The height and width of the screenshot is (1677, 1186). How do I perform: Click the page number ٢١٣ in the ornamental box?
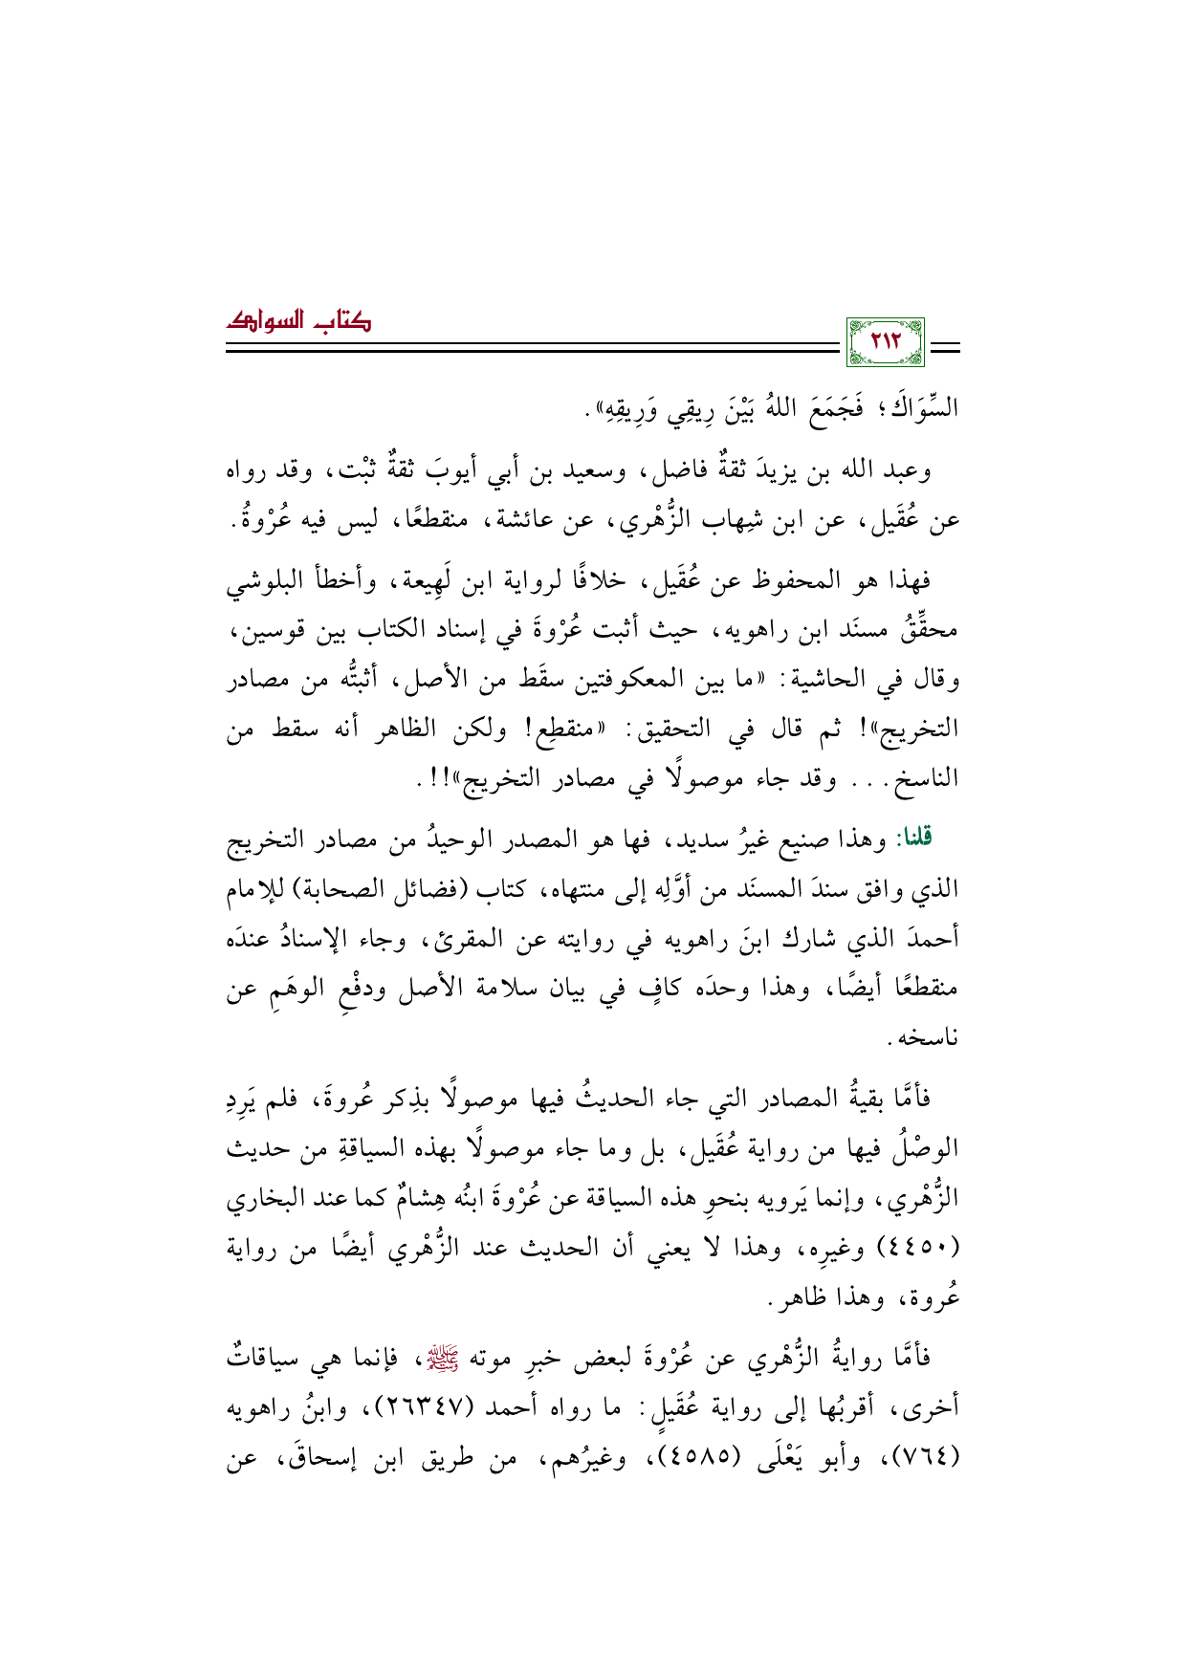tap(886, 341)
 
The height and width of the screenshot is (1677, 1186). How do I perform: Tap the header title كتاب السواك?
tap(298, 322)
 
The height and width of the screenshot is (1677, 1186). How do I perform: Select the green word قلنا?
tap(912, 838)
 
